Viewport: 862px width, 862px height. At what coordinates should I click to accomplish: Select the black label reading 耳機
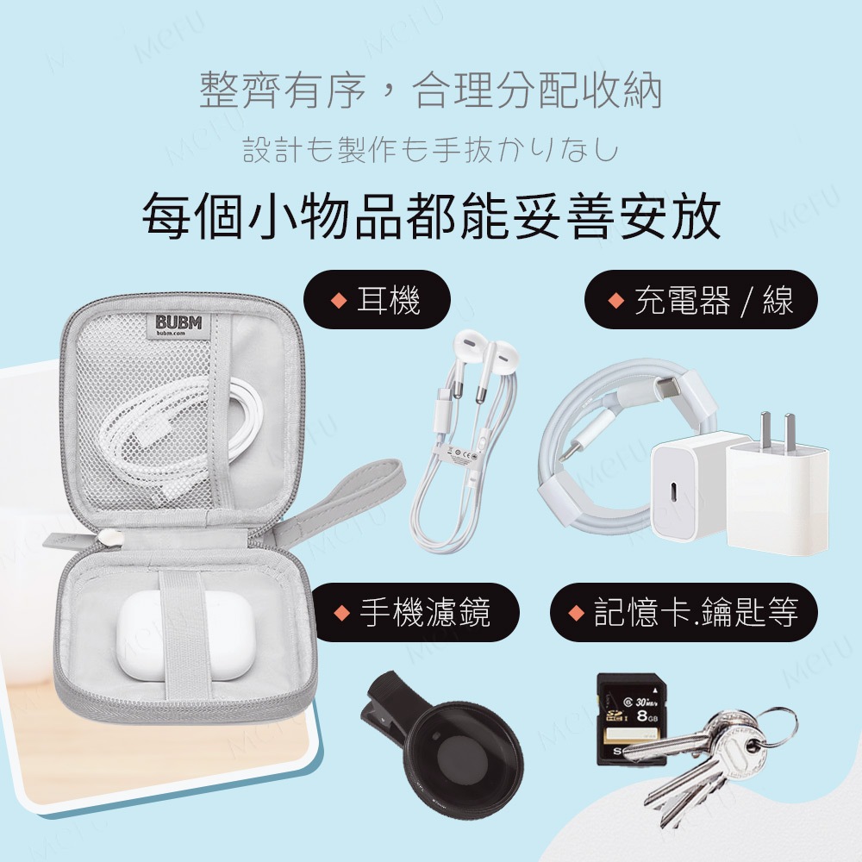(378, 300)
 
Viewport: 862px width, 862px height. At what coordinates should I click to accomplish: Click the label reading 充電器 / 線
(701, 300)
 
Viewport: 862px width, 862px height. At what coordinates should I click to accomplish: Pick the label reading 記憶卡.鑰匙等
(684, 612)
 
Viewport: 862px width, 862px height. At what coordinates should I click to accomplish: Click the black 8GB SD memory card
(632, 719)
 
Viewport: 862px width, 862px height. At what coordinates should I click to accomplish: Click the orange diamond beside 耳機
(338, 300)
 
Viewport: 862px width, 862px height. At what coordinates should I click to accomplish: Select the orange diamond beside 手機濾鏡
(342, 612)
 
